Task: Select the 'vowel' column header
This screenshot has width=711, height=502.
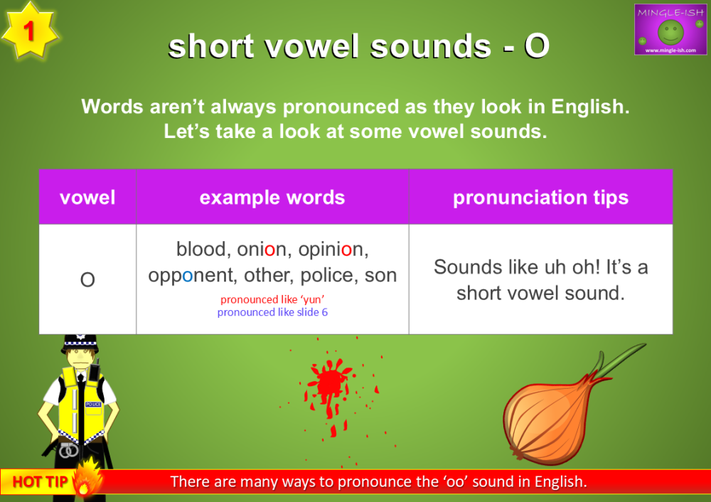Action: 87,197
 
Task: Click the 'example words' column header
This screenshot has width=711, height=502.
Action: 272,197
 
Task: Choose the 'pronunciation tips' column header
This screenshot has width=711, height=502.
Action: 540,197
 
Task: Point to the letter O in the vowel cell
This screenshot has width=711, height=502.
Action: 87,280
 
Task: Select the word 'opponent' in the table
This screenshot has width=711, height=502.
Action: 190,275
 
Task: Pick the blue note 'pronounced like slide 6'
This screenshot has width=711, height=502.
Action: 272,312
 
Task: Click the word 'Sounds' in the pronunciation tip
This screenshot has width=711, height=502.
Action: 466,267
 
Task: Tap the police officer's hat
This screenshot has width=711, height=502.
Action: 80,343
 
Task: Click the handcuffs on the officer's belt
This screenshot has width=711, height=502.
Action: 68,449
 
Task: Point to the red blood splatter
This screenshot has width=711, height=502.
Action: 329,385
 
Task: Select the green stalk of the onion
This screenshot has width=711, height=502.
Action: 619,357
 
